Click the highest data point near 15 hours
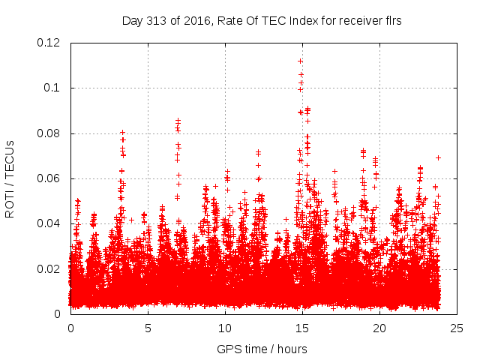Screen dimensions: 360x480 pos(300,61)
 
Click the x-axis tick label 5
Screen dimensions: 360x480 pos(148,328)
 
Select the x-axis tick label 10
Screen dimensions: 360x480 pos(225,328)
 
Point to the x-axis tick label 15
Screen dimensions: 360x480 pos(302,328)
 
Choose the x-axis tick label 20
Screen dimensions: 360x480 pos(379,328)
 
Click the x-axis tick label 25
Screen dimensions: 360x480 pos(457,328)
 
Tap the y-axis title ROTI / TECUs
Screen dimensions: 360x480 pos(10,178)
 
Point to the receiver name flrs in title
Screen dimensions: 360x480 pos(391,20)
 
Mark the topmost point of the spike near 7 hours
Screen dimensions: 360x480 pos(178,120)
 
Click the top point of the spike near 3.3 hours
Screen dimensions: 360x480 pos(122,132)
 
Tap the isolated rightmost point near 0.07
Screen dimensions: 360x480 pos(438,157)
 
